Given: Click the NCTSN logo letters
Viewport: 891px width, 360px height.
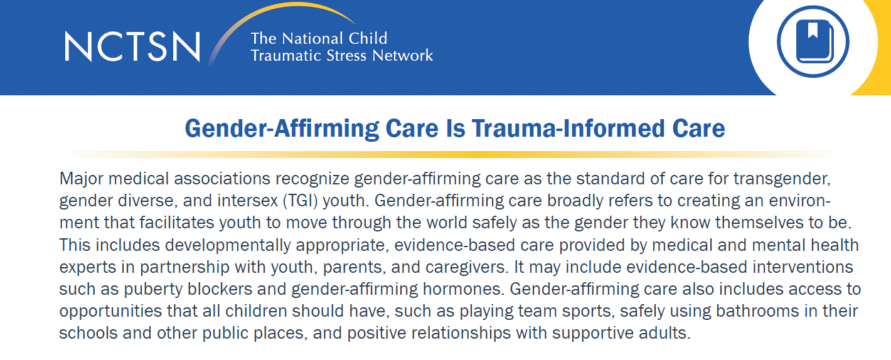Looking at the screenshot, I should (x=132, y=45).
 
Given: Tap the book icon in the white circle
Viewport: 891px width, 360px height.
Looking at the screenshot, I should (x=813, y=43).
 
